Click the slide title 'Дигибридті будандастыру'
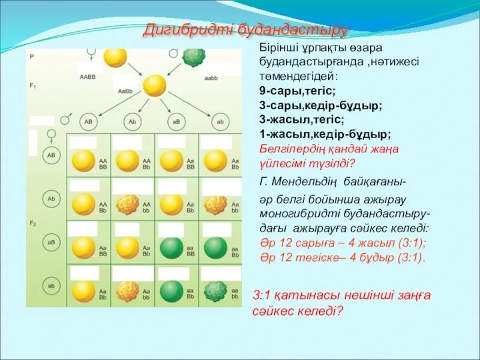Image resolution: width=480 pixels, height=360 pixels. (x=245, y=30)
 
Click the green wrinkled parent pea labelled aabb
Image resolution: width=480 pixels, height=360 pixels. (x=193, y=58)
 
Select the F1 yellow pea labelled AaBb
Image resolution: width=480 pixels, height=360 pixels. (x=155, y=85)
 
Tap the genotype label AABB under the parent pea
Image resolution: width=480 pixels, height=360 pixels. (x=88, y=77)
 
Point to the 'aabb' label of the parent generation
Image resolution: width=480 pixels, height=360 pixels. (x=211, y=78)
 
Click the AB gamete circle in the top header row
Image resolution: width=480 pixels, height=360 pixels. (x=88, y=121)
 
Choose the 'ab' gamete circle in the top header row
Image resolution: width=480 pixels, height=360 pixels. (x=220, y=121)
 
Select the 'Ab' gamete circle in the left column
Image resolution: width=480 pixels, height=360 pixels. (x=52, y=198)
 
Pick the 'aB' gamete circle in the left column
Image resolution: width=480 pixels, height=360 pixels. (x=52, y=242)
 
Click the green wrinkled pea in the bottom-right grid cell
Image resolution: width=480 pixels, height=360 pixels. (x=215, y=291)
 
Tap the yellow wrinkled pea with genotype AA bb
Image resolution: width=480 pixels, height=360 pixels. (x=127, y=205)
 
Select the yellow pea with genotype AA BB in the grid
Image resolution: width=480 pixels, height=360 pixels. (x=83, y=161)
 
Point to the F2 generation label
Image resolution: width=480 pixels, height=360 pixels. (x=32, y=223)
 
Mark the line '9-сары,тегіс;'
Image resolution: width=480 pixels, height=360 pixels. (x=298, y=90)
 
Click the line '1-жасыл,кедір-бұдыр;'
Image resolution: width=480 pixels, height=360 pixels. (x=325, y=134)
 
